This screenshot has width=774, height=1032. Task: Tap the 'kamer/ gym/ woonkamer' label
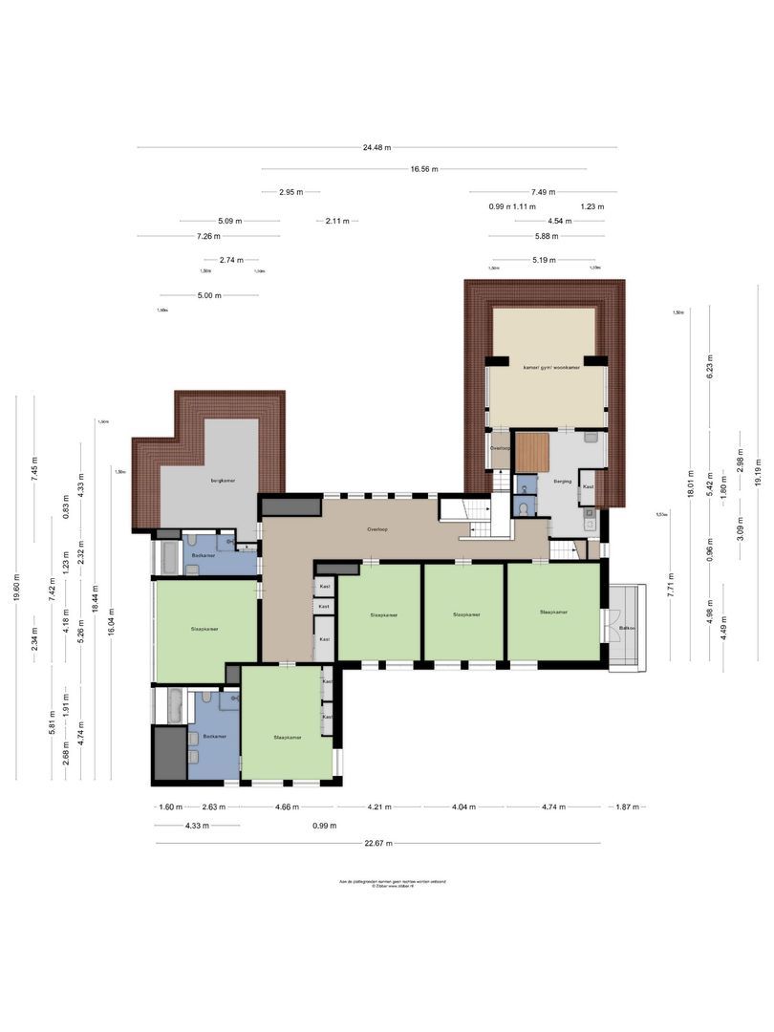pyautogui.click(x=551, y=367)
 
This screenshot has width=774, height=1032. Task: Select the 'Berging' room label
pyautogui.click(x=561, y=482)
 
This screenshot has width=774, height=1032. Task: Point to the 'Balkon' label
pyautogui.click(x=626, y=628)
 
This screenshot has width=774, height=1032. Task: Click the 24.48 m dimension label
pyautogui.click(x=378, y=147)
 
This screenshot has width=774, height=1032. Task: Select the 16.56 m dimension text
pyautogui.click(x=424, y=169)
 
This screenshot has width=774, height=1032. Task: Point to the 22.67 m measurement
pyautogui.click(x=376, y=844)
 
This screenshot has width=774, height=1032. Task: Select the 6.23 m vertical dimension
pyautogui.click(x=710, y=365)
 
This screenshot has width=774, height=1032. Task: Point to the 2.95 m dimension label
pyautogui.click(x=290, y=192)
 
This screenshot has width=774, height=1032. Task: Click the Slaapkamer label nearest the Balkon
pyautogui.click(x=553, y=613)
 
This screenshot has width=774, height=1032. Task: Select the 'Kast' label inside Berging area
pyautogui.click(x=588, y=486)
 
